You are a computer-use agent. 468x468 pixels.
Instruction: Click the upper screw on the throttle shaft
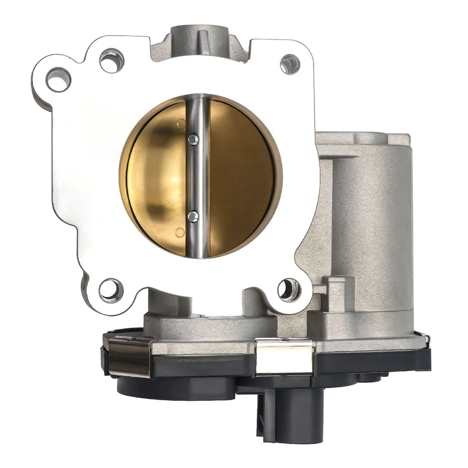194,139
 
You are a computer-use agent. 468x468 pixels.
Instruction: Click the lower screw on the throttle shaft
194,216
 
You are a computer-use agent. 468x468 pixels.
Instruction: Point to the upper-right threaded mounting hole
290,64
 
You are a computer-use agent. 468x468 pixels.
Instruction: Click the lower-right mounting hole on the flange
289,290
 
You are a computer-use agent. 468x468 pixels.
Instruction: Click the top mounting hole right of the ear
112,61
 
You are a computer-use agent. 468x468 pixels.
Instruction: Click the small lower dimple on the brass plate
180,233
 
